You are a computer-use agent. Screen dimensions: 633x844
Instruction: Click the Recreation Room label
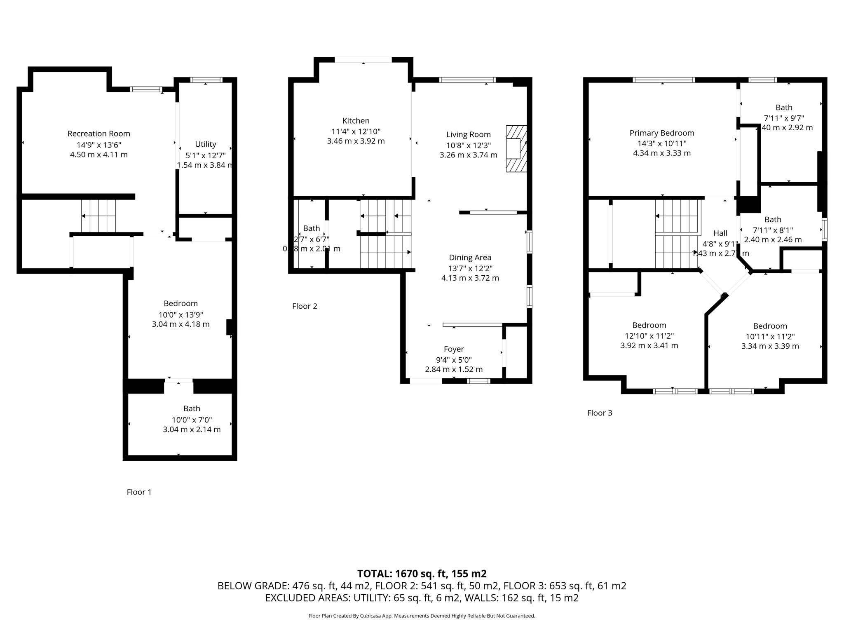[99, 134]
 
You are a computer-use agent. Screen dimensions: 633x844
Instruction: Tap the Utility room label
[205, 144]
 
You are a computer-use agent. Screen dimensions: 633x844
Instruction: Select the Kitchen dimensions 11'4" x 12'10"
[356, 131]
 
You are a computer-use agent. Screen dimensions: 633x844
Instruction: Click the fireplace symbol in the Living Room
[516, 149]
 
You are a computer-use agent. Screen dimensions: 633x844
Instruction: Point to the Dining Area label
[470, 258]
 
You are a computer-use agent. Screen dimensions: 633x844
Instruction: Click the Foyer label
[454, 349]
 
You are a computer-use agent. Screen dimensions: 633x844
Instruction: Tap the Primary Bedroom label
[661, 133]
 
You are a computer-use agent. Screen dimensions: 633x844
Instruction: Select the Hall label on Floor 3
[720, 233]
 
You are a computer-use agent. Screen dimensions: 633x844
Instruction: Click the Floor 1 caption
[139, 492]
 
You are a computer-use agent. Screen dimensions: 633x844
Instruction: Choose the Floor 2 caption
[305, 306]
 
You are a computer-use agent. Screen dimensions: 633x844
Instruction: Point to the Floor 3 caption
[599, 413]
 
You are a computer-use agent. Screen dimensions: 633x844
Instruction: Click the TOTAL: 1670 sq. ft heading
[422, 574]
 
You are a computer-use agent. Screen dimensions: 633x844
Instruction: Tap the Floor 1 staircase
[98, 216]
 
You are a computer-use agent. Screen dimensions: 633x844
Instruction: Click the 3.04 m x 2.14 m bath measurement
[192, 429]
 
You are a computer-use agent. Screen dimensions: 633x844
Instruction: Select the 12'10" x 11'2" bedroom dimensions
[649, 336]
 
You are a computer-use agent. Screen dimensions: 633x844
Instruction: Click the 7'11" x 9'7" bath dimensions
[784, 118]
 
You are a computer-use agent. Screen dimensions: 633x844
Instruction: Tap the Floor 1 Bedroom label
[181, 304]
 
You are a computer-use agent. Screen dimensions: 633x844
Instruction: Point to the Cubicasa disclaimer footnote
[422, 616]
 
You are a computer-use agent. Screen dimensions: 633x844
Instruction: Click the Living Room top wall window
[467, 80]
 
